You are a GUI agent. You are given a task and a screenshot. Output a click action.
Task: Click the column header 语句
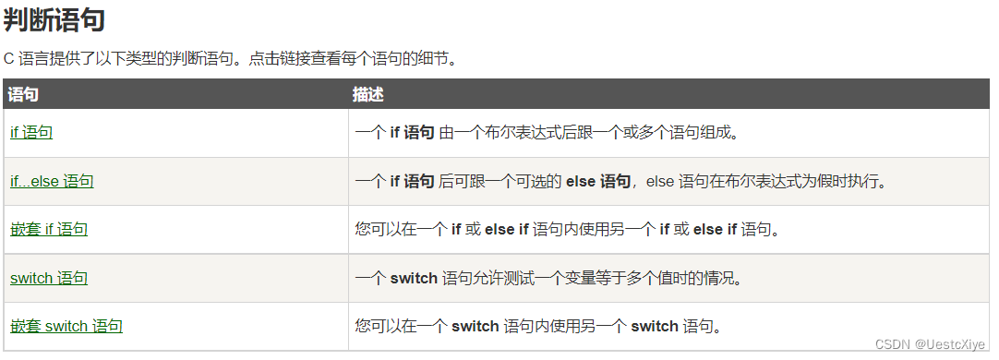tap(23, 94)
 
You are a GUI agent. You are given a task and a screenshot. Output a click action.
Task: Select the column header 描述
tap(367, 94)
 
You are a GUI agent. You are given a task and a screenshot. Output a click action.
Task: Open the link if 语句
tap(31, 132)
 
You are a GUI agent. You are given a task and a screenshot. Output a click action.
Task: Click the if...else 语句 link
tap(52, 181)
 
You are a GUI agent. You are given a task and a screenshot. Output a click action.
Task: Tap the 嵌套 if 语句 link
tap(49, 229)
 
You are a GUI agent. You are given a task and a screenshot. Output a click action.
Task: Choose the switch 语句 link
tap(49, 278)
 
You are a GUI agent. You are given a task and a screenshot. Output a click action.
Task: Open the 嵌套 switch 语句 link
tap(66, 326)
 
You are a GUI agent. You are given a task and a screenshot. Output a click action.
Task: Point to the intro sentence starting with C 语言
tap(231, 58)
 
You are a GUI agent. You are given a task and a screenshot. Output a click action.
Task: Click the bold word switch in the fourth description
tap(413, 278)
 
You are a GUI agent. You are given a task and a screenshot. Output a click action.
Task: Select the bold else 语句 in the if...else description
tap(598, 181)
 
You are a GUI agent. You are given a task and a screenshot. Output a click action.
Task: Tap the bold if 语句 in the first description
tap(412, 132)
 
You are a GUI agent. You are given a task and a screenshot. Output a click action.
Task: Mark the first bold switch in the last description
tap(475, 326)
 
